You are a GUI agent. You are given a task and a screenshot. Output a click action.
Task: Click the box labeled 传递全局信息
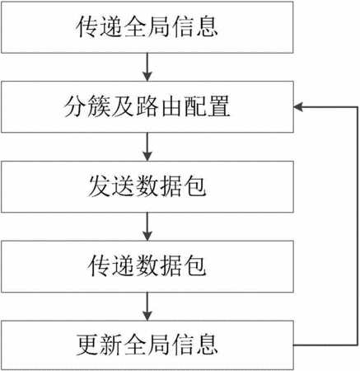147,27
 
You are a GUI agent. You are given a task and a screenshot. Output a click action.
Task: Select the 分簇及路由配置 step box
147,107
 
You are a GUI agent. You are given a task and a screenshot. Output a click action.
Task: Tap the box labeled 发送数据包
147,187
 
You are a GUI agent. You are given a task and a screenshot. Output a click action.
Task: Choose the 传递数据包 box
147,266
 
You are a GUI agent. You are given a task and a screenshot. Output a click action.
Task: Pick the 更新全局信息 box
147,345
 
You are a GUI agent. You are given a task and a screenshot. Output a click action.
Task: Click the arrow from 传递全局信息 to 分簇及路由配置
147,67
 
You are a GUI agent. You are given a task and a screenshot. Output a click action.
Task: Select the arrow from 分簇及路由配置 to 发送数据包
147,147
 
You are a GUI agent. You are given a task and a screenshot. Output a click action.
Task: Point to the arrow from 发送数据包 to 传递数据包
147,227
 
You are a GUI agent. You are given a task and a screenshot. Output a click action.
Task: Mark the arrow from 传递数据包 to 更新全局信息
147,306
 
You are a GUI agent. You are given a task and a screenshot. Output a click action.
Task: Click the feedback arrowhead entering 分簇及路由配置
298,107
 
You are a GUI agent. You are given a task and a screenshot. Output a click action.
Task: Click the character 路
147,106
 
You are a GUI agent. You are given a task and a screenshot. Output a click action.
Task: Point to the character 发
100,186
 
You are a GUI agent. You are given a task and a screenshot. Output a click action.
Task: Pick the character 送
124,186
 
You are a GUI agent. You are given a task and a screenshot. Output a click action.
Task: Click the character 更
87,345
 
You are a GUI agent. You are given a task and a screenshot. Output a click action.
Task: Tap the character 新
111,345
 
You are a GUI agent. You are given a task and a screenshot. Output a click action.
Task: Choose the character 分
76,106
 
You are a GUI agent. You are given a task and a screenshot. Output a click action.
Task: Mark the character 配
195,106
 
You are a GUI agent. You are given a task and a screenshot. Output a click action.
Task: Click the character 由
171,106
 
